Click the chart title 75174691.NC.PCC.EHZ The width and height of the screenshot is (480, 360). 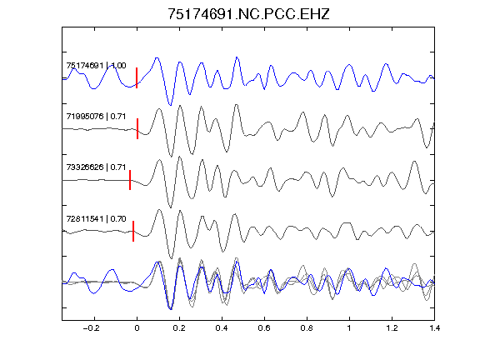248,14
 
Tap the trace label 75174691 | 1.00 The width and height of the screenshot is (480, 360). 96,66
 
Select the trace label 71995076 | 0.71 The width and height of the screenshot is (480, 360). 96,117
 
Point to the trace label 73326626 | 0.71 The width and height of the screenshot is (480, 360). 96,167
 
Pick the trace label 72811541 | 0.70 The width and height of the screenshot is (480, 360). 96,219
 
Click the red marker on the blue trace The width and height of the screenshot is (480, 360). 137,78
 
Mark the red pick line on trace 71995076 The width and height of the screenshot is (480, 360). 137,129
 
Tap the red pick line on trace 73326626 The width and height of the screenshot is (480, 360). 130,180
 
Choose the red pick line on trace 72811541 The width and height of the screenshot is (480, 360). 133,231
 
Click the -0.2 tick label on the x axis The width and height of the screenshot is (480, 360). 91,328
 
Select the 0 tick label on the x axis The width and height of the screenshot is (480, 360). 137,328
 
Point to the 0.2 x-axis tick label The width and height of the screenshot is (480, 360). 179,328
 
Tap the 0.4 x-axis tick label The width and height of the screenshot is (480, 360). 222,328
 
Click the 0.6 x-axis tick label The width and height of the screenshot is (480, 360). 264,328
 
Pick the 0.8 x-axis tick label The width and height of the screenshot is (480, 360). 307,328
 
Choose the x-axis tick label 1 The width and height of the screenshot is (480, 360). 349,328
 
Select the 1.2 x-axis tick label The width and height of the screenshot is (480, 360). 392,328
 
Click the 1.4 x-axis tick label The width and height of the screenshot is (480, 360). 434,328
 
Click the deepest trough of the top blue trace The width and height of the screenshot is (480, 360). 171,105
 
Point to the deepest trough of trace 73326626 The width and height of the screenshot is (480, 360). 171,207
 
